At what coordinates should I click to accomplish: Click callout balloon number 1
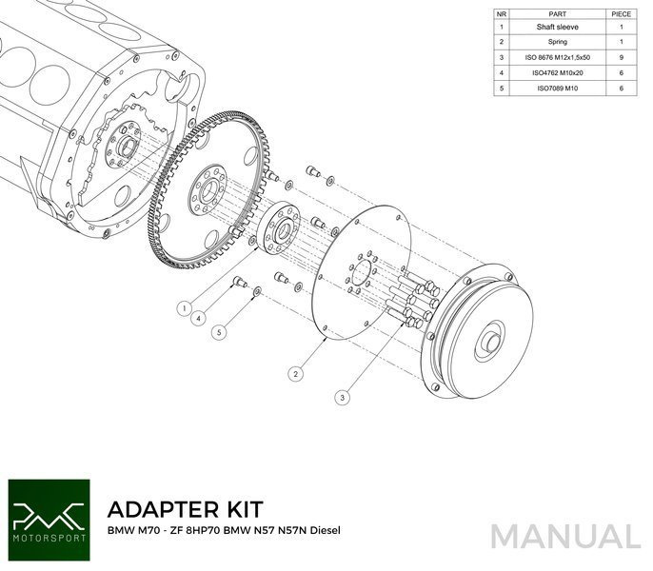[x=182, y=307]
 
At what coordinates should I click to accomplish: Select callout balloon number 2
[x=297, y=374]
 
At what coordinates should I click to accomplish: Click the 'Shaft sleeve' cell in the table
[x=558, y=28]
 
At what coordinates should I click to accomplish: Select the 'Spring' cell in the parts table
[x=558, y=42]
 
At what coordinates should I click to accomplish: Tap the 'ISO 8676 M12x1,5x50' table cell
[x=558, y=57]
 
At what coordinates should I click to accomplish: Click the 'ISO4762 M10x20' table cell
[x=558, y=72]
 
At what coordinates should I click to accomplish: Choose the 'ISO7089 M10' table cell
[x=558, y=88]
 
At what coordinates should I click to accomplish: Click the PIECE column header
[x=622, y=14]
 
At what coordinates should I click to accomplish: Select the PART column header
[x=558, y=14]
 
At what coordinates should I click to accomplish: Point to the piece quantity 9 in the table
[x=622, y=57]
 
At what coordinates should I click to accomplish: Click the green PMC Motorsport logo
[x=48, y=514]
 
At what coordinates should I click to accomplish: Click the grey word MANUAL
[x=565, y=535]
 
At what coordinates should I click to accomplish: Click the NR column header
[x=502, y=14]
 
